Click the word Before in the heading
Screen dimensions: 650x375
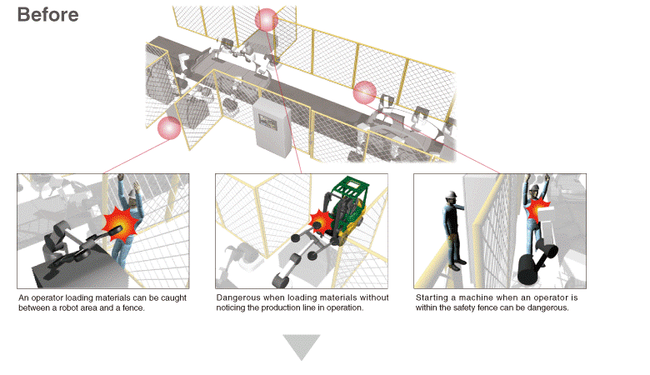point(47,15)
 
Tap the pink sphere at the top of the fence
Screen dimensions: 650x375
point(266,20)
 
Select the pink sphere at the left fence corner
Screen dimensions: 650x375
point(169,128)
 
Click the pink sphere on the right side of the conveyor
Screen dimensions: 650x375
point(365,92)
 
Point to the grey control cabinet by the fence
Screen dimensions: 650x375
point(272,127)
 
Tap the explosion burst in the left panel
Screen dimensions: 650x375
point(120,224)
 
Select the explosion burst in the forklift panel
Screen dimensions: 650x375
point(320,222)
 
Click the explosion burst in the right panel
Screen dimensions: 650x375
point(537,208)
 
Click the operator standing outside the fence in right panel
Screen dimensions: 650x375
point(454,231)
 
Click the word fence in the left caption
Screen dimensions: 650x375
point(133,307)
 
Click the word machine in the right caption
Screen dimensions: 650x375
point(475,297)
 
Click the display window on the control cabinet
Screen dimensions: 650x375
point(267,122)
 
